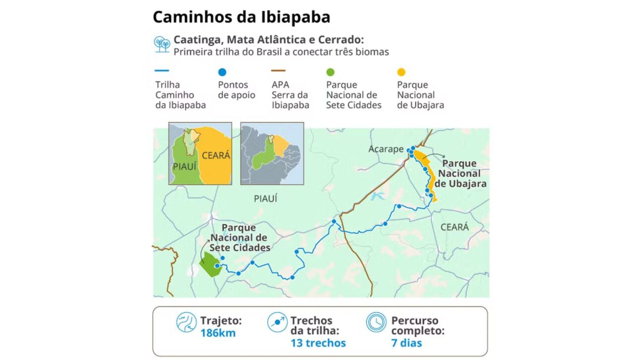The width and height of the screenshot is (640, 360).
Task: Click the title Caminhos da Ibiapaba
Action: point(241,17)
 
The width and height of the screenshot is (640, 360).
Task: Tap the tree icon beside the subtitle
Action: point(162,44)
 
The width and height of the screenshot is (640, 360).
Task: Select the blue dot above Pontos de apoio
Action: point(222,72)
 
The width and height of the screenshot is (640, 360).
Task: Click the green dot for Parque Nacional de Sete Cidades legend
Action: point(330,72)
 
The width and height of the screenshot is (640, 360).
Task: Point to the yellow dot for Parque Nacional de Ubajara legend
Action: point(401,72)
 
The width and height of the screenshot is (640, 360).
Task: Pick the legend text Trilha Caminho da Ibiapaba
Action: point(180,95)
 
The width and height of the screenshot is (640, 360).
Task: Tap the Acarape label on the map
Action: point(385,149)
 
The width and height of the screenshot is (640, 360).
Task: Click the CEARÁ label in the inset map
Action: point(215,156)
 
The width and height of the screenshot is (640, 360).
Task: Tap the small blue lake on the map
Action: point(377,196)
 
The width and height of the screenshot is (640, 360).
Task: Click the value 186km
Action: point(218,333)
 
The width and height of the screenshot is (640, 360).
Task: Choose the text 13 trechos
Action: point(318,343)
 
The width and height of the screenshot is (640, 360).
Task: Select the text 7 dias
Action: point(406,343)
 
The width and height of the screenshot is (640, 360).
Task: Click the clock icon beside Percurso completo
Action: point(376,322)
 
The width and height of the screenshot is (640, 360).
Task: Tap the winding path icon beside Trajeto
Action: point(187,322)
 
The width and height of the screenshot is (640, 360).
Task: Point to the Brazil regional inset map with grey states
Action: point(272,154)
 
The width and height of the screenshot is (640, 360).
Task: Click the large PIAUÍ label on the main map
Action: point(265,199)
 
